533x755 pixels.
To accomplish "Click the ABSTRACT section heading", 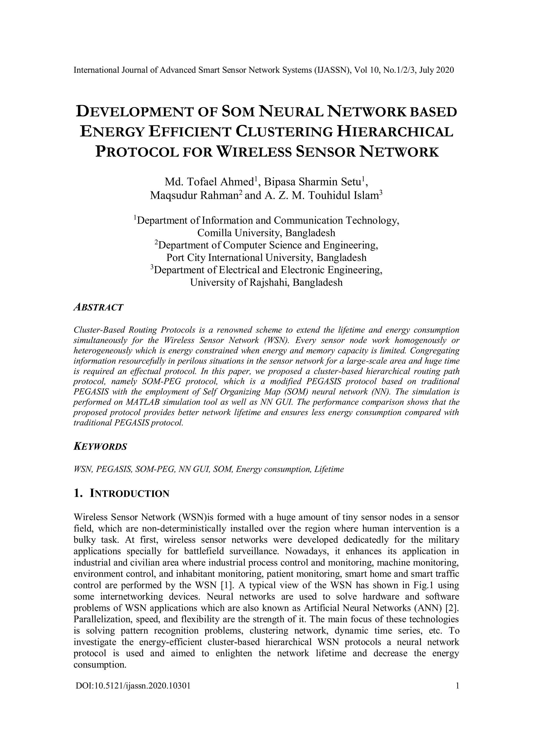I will tap(99, 308).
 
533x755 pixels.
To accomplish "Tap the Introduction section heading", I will tap(122, 494).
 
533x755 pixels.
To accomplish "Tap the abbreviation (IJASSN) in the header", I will tap(332, 70).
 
